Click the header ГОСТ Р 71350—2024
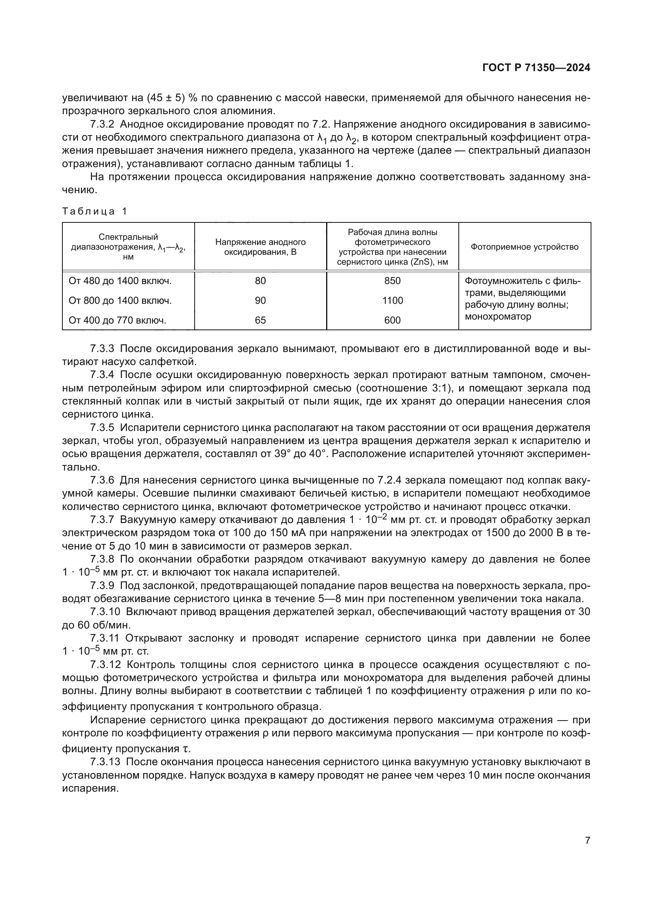tap(536, 68)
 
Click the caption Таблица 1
tap(94, 211)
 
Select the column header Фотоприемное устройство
tap(524, 247)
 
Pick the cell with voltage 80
tap(260, 281)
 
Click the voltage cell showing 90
tap(260, 301)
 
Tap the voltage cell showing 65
tap(260, 320)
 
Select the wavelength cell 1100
tap(392, 301)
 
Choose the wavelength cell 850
tap(392, 281)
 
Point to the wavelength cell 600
tap(392, 320)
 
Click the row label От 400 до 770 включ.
tap(117, 320)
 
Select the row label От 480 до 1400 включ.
tap(120, 281)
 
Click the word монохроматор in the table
tap(498, 316)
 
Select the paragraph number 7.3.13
tap(105, 762)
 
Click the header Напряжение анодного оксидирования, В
tap(260, 247)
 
